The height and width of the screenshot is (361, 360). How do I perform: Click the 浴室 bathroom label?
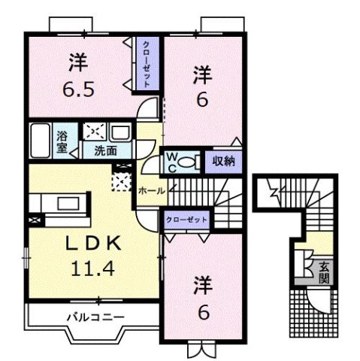[x=62, y=141]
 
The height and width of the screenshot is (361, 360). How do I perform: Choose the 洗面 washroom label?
[x=105, y=150]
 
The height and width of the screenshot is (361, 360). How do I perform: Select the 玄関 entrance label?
[x=323, y=268]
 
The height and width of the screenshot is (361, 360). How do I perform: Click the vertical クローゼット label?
[x=147, y=65]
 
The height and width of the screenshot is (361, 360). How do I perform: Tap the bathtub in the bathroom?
[x=42, y=141]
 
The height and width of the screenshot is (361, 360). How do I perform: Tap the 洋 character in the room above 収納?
[x=201, y=74]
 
